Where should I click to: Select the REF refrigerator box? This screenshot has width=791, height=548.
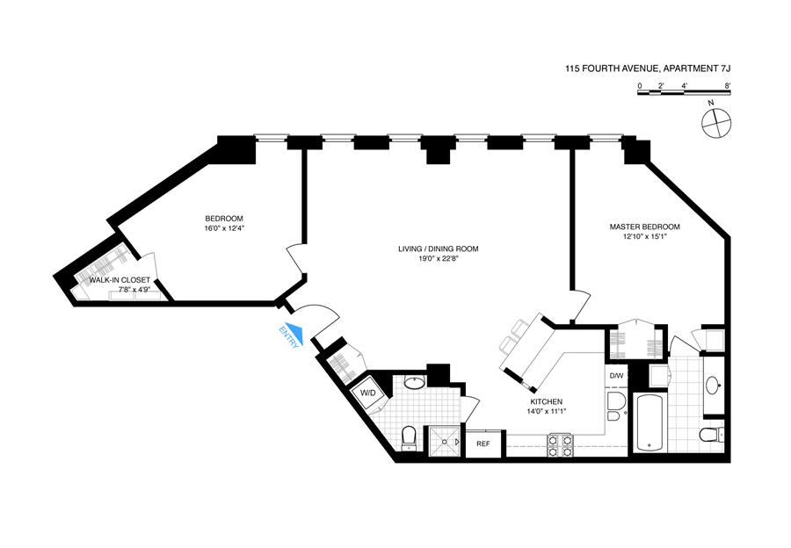click(x=483, y=444)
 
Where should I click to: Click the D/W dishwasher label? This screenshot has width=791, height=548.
click(x=616, y=376)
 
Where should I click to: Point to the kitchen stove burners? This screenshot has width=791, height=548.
click(x=561, y=445)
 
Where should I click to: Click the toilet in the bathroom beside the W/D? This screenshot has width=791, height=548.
click(x=408, y=436)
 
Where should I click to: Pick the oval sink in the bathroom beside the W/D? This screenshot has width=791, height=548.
click(x=413, y=383)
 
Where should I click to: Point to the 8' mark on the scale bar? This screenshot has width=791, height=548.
click(x=728, y=86)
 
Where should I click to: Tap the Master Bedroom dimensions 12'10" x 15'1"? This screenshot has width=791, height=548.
click(x=644, y=238)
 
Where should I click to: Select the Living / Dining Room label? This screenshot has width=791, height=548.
click(x=438, y=249)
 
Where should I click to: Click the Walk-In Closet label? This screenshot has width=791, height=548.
click(x=113, y=280)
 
